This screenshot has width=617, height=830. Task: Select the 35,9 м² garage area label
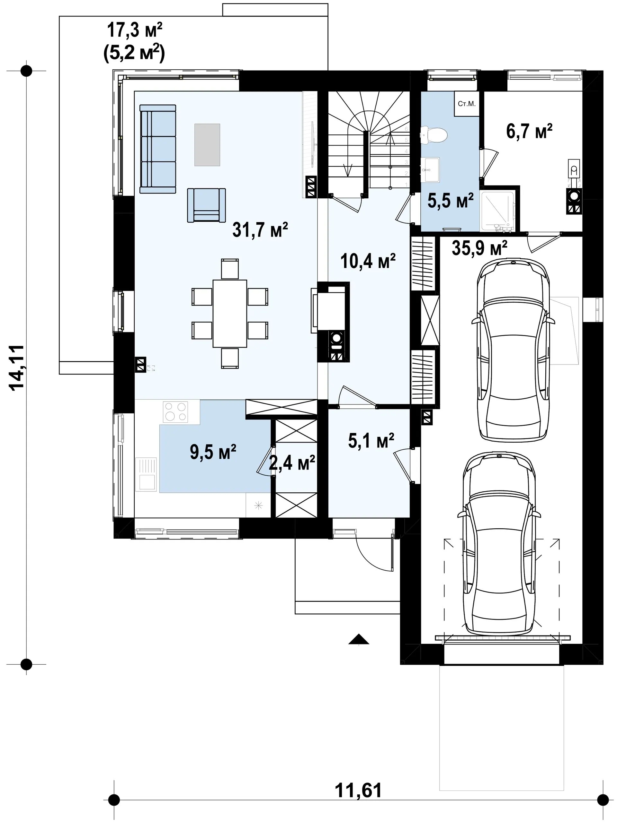pyautogui.click(x=479, y=248)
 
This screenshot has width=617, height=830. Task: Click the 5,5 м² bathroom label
pyautogui.click(x=451, y=200)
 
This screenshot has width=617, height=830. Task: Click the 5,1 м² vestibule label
pyautogui.click(x=371, y=441)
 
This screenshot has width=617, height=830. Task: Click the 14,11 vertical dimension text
pyautogui.click(x=18, y=367)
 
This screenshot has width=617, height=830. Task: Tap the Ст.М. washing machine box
pyautogui.click(x=467, y=104)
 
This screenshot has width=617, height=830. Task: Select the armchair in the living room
pyautogui.click(x=207, y=205)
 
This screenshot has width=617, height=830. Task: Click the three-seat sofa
pyautogui.click(x=157, y=149)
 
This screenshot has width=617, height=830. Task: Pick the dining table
pyautogui.click(x=230, y=313)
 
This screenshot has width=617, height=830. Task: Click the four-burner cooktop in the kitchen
pyautogui.click(x=175, y=411)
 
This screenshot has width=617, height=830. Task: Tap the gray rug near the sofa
pyautogui.click(x=207, y=145)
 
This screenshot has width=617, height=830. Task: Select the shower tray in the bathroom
pyautogui.click(x=497, y=211)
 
